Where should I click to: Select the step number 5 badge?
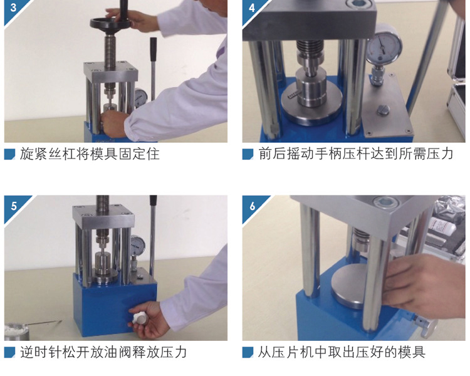[x=14, y=206]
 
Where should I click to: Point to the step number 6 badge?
[x=253, y=206]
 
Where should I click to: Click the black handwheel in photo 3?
[x=110, y=23]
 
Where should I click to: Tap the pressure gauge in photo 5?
[x=138, y=245]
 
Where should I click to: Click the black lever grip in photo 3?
[x=153, y=49]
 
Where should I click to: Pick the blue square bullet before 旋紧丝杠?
[x=9, y=154]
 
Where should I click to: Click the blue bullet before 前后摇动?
[x=248, y=154]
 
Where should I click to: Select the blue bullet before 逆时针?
[x=9, y=352]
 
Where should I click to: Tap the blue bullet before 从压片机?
[x=248, y=352]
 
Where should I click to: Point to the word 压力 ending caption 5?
[x=174, y=352]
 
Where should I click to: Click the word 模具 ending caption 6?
[x=412, y=352]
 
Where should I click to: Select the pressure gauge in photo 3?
[x=141, y=98]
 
